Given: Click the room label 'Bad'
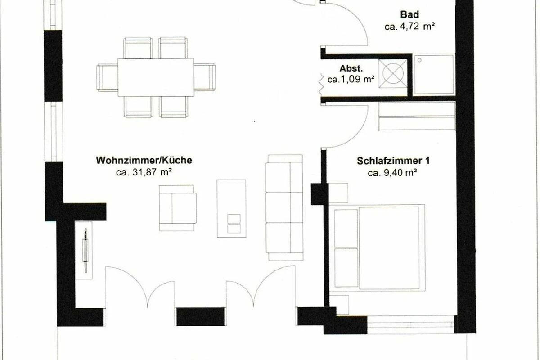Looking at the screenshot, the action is point(409,14).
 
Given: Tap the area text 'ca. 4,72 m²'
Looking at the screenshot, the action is point(409,27).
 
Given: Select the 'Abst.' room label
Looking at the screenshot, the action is point(351,68).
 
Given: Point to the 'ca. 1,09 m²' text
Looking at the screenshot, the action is point(351,79).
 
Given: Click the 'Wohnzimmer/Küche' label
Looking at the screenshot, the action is point(144,160).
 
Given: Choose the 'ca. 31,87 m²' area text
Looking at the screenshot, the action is point(144,172).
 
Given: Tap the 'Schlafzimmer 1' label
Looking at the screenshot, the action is point(393,161).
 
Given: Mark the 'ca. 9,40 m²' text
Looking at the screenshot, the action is point(392,173).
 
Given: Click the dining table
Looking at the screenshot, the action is point(156,77).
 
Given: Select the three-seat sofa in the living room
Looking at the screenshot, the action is point(284,207).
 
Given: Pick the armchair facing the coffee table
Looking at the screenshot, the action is point(178,208).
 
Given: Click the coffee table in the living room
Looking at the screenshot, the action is point(231,208).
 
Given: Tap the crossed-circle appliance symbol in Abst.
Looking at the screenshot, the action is point(393,73).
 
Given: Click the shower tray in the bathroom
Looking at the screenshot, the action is point(434,75).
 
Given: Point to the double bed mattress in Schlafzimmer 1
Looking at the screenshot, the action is point(389,247).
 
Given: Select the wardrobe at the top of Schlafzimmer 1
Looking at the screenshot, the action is point(417,116).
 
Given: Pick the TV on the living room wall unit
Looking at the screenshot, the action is point(85,251).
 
